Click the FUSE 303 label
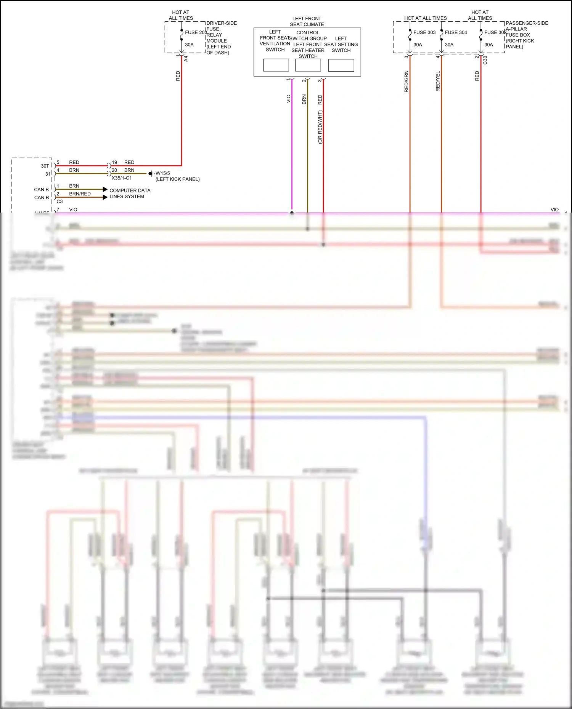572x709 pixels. click(x=424, y=32)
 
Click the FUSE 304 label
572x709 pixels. click(x=456, y=32)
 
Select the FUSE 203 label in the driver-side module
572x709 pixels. click(x=196, y=32)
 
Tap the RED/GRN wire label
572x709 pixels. click(x=406, y=81)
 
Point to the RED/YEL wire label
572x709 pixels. click(x=438, y=81)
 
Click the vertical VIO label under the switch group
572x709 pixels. click(x=289, y=99)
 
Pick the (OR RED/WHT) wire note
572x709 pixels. click(x=320, y=127)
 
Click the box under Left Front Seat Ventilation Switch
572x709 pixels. click(x=276, y=65)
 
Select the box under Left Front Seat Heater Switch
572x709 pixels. click(x=308, y=65)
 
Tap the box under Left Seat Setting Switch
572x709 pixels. click(x=341, y=65)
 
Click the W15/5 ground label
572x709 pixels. click(x=163, y=173)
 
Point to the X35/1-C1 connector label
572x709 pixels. click(x=122, y=178)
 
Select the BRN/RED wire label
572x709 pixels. click(x=80, y=194)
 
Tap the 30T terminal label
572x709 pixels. click(x=45, y=166)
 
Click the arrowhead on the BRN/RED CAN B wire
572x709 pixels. click(x=105, y=197)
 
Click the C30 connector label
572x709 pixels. click(x=485, y=60)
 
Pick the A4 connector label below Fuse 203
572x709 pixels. click(x=186, y=59)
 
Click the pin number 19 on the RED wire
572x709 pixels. click(x=114, y=162)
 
